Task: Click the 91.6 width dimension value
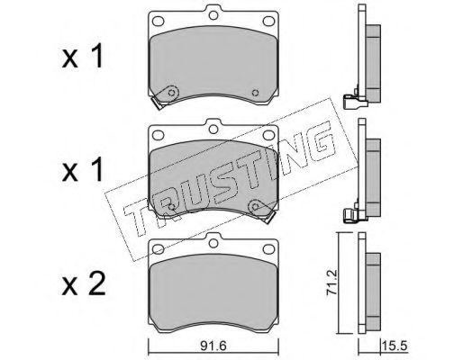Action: [x=213, y=346]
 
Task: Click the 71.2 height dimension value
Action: [x=332, y=283]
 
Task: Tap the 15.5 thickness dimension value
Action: [x=395, y=346]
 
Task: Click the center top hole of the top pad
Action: [x=213, y=15]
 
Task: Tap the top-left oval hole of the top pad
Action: [x=159, y=21]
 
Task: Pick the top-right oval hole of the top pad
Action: [x=268, y=21]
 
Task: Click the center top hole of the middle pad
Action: [x=213, y=129]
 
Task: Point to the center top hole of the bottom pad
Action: [x=213, y=243]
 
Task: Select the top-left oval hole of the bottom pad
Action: [x=159, y=249]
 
